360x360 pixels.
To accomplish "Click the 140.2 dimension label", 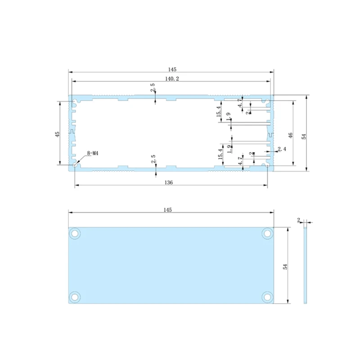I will [x=171, y=79].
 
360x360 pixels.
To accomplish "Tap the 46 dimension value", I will [x=291, y=135].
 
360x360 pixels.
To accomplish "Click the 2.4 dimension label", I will [x=282, y=149].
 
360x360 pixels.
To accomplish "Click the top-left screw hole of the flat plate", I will [x=75, y=234].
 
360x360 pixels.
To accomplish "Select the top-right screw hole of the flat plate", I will [x=267, y=234].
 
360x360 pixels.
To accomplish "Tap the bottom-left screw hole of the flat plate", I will [x=75, y=297].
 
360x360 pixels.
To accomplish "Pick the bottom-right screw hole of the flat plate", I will [x=267, y=297].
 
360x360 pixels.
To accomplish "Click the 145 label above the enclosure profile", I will [x=171, y=70].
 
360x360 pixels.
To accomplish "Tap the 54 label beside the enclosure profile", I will [x=304, y=136].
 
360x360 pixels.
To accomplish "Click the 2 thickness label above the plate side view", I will [x=299, y=220].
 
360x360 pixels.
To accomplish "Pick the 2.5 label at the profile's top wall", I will [x=153, y=87].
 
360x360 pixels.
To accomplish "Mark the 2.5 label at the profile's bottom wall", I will [x=153, y=159].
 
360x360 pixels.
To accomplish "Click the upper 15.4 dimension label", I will [x=219, y=110].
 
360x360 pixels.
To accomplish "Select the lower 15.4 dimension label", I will [x=220, y=153].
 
